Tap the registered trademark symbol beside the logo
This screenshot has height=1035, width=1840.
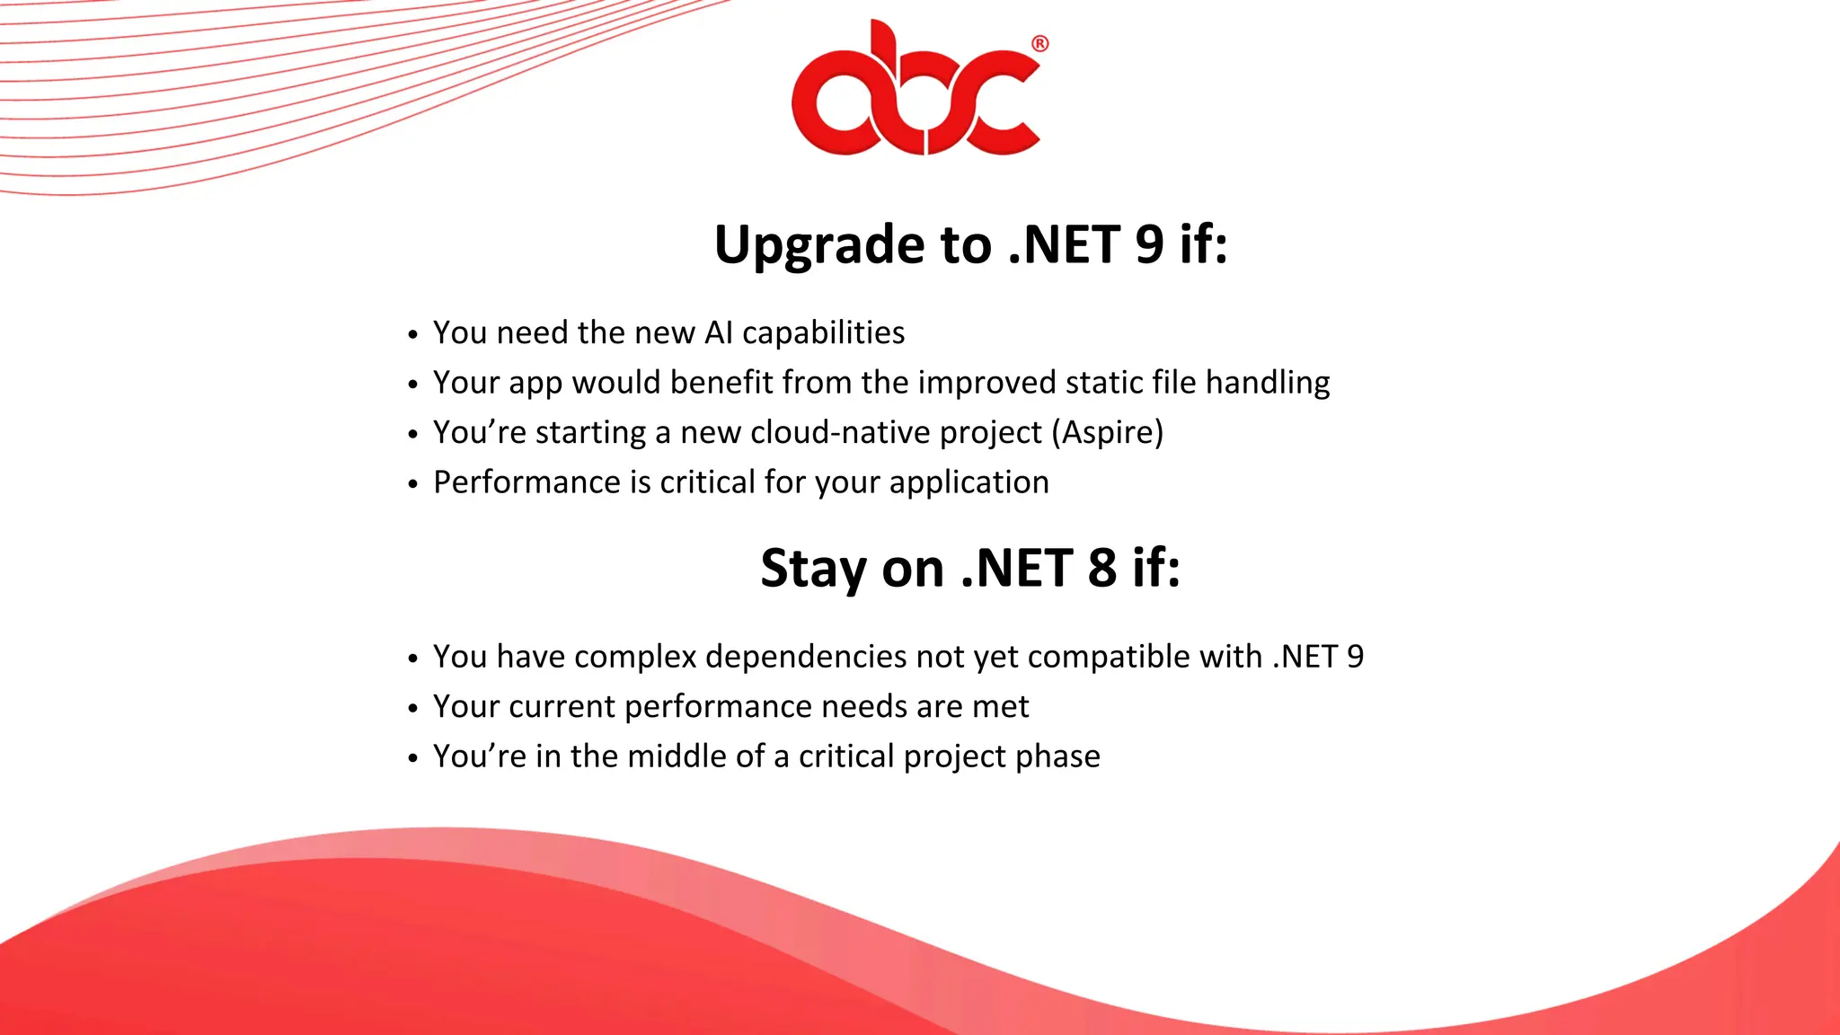tap(1039, 44)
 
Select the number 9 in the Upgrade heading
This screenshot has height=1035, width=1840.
tap(1149, 245)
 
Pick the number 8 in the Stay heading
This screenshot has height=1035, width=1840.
tap(1102, 569)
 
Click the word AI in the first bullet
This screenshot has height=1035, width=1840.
tap(719, 332)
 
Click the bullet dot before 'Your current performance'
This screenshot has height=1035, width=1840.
tap(412, 709)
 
